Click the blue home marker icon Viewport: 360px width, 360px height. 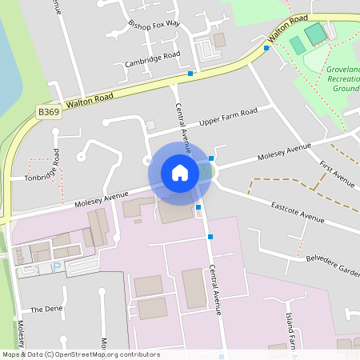(180, 173)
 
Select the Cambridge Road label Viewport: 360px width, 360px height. (152, 59)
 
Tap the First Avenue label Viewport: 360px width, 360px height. (336, 174)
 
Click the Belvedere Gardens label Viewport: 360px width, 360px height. (333, 265)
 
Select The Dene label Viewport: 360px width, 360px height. (46, 309)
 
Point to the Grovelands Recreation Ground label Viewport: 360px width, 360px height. (342, 79)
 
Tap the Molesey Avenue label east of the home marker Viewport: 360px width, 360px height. (283, 151)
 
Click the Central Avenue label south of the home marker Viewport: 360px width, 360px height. (215, 290)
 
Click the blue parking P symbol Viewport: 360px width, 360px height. (56, 266)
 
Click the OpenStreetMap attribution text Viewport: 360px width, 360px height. (80, 354)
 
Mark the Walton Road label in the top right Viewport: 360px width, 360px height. (288, 29)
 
